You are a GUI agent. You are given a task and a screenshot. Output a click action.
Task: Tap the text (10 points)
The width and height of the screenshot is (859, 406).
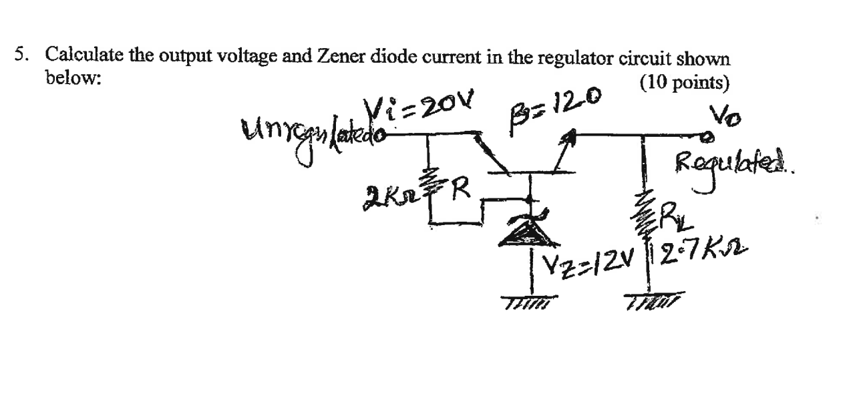(684, 83)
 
